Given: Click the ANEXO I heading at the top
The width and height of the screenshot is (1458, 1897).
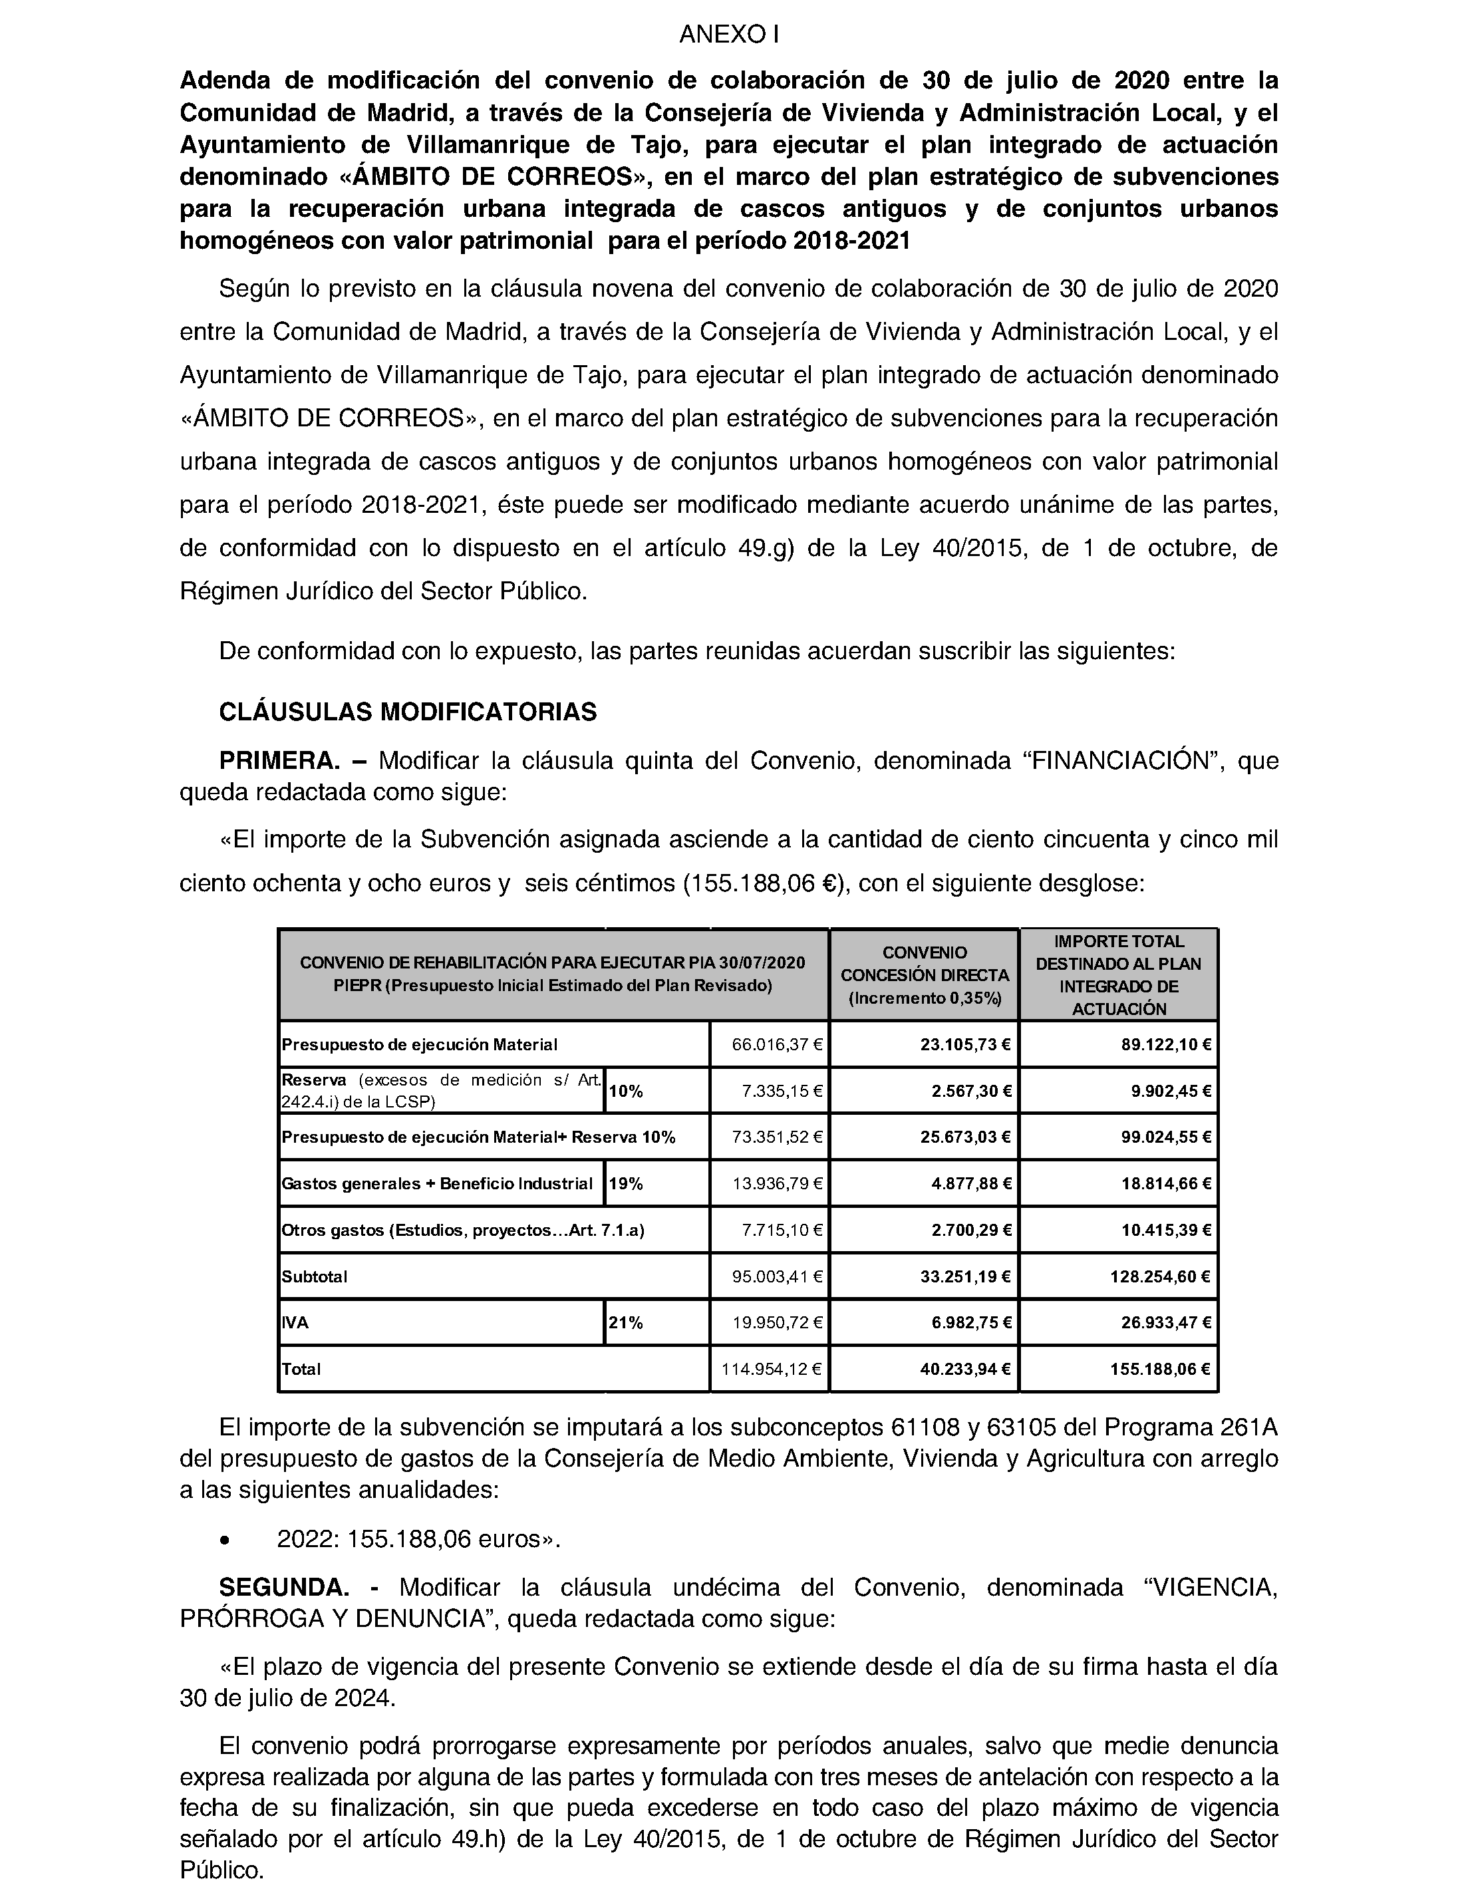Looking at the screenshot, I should (729, 35).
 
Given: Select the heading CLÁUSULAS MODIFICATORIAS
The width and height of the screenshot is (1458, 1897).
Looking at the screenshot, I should (408, 712).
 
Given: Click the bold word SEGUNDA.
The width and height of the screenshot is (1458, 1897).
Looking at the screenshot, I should (284, 1587).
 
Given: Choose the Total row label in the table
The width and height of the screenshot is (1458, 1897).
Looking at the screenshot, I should (301, 1370).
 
